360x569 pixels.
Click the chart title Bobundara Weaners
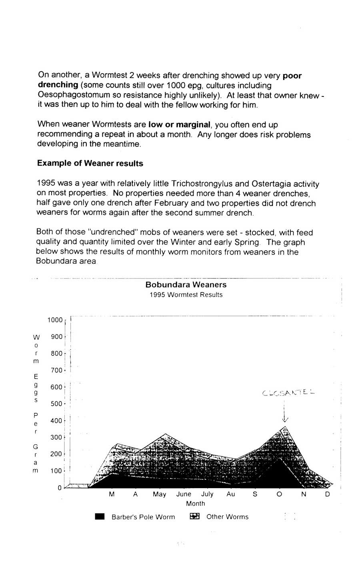[x=186, y=285]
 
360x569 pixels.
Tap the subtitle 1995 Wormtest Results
[x=186, y=295]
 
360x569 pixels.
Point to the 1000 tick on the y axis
[x=55, y=320]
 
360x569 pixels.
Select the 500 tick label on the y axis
[x=56, y=404]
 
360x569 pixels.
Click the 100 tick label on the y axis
[x=56, y=471]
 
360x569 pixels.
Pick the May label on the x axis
[x=159, y=494]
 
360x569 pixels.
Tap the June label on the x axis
[x=184, y=494]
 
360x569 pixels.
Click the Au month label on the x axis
[x=231, y=494]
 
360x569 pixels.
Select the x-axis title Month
[x=195, y=504]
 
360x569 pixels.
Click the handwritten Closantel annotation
[x=288, y=393]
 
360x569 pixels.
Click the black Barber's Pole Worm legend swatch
[x=100, y=517]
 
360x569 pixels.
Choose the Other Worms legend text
[x=227, y=517]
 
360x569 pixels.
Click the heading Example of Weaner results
[x=90, y=163]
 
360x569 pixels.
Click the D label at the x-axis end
[x=327, y=494]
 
